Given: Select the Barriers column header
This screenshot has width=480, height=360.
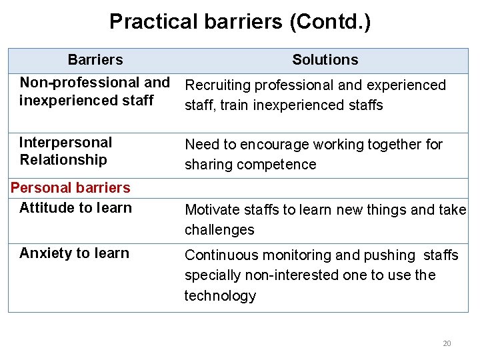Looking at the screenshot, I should tap(95, 60).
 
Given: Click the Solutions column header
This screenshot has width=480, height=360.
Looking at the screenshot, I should tap(325, 60).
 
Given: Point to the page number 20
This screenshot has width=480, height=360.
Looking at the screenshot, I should tap(447, 343).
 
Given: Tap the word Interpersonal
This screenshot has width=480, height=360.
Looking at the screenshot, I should tap(65, 142).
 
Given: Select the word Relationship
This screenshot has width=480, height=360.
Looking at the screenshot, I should tap(63, 159).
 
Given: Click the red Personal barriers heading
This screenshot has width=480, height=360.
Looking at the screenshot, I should tap(71, 188).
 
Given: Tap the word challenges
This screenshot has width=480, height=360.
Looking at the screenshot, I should tap(219, 230).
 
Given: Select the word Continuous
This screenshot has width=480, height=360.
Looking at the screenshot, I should tap(219, 255).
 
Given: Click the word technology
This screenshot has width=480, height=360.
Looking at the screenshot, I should tap(220, 296).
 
